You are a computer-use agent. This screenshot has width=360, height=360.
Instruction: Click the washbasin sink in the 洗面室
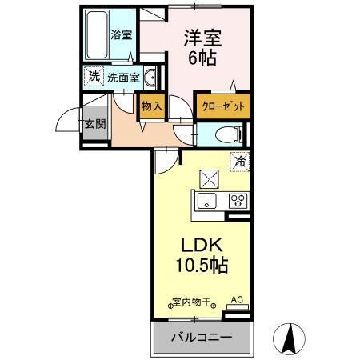150,77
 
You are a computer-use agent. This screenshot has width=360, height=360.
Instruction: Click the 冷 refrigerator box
239,161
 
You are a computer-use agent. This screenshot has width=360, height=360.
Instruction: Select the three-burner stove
237,202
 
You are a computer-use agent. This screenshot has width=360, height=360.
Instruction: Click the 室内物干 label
192,302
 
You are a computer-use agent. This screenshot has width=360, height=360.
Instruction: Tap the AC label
236,300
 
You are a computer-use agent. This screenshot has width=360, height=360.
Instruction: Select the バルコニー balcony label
201,338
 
